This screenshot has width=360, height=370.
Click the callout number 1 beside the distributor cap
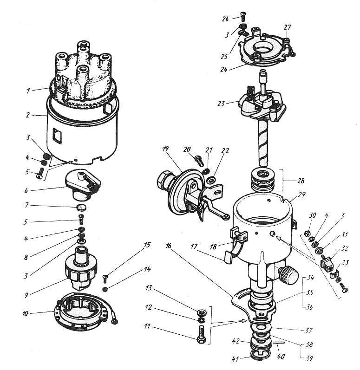28,91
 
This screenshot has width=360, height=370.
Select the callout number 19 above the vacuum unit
165,149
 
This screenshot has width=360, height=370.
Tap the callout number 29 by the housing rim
301,195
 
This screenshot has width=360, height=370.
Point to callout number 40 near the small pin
281,356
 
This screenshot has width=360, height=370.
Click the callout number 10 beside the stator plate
25,314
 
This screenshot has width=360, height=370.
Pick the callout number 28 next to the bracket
301,181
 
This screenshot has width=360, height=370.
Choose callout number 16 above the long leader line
168,246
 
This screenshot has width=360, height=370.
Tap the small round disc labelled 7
82,208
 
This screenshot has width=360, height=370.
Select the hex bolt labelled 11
201,334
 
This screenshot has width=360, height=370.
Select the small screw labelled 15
105,279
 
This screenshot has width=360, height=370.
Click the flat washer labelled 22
211,181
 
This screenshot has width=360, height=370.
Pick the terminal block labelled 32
327,264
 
